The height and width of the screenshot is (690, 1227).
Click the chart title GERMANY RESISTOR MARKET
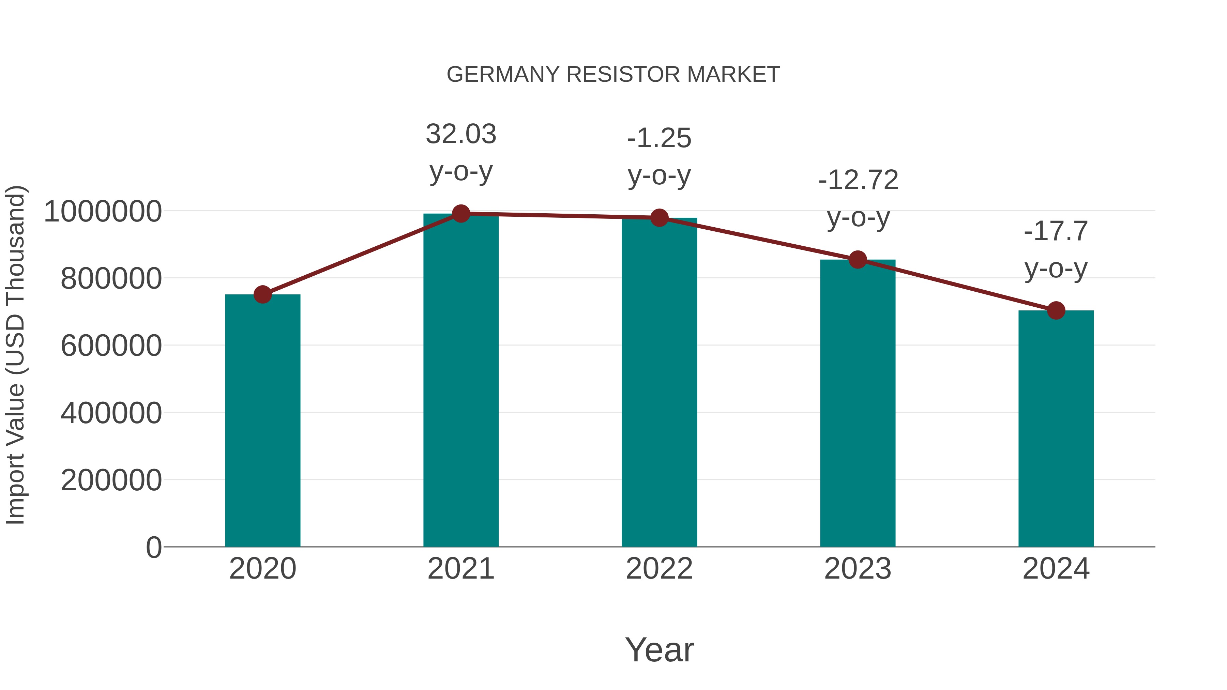pos(613,75)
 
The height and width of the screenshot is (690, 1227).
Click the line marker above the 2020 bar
pos(262,294)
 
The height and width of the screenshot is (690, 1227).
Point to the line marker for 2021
pos(460,214)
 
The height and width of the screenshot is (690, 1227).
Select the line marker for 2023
pos(858,260)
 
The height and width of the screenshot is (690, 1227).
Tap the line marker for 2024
pos(1056,310)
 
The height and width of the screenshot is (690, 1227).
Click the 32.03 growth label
pos(460,134)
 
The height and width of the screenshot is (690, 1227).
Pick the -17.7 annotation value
pos(1056,231)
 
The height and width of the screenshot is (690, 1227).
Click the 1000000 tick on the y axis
pos(102,211)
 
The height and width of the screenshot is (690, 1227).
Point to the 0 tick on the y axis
pos(153,547)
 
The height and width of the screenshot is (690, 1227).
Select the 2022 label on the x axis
pos(659,569)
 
